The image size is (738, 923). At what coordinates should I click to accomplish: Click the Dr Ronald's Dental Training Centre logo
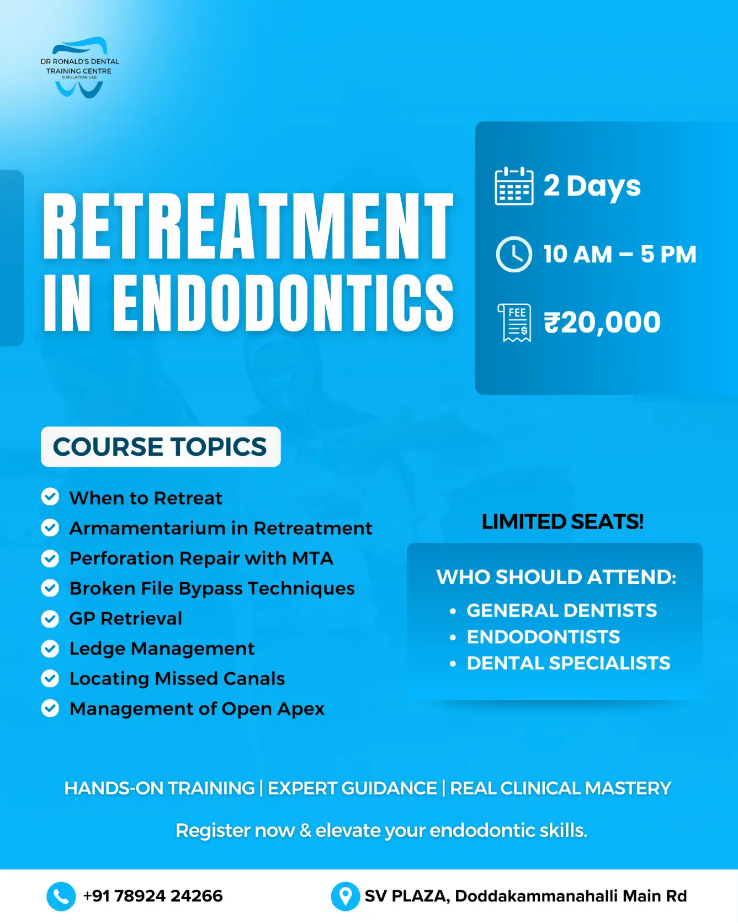point(80,67)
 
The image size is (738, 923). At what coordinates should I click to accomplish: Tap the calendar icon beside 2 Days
point(514,186)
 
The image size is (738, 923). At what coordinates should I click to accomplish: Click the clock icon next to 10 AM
point(514,255)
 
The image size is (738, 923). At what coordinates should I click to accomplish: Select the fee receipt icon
point(514,323)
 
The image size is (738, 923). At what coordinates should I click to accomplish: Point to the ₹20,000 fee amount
point(602,323)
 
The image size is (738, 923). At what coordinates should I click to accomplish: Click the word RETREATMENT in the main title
point(248,226)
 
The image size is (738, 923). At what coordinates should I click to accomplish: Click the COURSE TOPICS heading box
point(161,447)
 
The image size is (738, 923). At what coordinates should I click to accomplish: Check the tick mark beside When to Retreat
point(50,497)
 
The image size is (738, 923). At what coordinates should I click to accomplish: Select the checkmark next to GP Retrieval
point(50,618)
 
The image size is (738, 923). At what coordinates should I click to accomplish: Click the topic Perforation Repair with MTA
point(201,558)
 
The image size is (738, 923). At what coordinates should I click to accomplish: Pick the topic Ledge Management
point(162,649)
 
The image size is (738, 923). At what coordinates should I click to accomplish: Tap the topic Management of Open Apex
point(197,709)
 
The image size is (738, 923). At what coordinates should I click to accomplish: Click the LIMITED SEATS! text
point(562,522)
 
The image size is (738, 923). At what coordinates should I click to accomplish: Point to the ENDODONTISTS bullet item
point(543,637)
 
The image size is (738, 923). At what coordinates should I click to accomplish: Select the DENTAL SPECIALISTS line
point(569,663)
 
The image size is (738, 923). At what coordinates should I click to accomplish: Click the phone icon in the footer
point(61,896)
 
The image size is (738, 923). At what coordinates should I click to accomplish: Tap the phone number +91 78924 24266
point(153,896)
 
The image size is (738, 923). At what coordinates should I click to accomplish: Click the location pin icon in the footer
point(346,896)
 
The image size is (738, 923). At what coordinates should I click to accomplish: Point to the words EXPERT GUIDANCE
point(352,788)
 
